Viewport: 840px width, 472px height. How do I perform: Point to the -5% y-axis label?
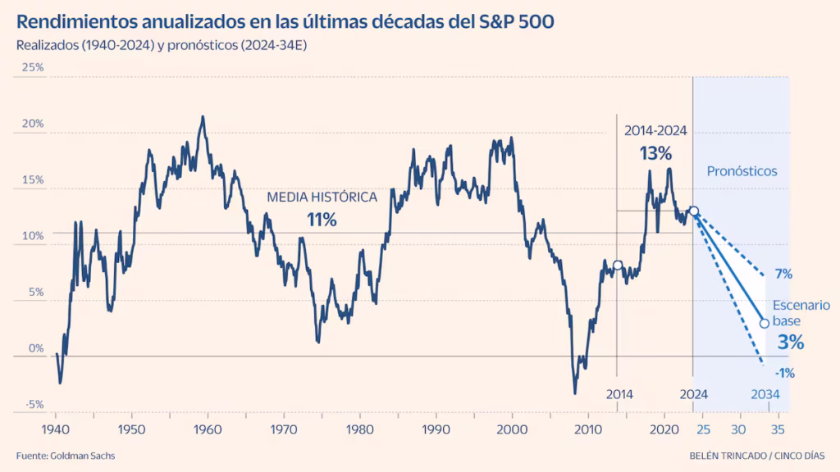coord(33,404)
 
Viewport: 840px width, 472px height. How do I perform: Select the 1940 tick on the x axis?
coord(55,429)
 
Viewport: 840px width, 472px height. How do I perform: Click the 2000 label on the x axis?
coord(512,429)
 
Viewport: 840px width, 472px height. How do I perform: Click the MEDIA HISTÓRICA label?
coord(322,197)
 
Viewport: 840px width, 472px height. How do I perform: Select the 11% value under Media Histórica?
coord(322,220)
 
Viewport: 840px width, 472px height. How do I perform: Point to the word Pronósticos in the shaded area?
coord(742,171)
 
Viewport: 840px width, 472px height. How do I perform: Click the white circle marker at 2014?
coord(618,265)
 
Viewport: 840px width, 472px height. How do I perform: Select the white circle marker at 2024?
coord(694,211)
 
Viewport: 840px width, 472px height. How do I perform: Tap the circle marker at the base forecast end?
coord(765,323)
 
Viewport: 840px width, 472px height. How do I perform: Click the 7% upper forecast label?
coord(783,273)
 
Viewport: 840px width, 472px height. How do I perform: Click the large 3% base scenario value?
coord(789,343)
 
